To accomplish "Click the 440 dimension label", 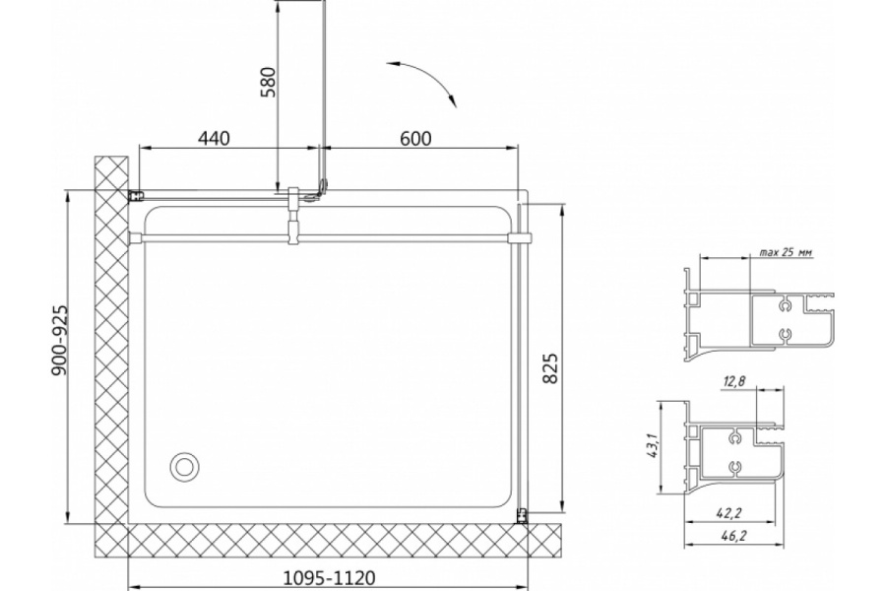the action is click(215, 138).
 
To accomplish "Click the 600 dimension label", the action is click(415, 138).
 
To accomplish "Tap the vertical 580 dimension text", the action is click(269, 82).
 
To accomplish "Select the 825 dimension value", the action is click(549, 368).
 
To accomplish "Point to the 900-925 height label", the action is click(59, 341).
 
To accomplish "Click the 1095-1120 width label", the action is click(328, 578).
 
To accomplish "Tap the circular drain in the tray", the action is click(184, 467).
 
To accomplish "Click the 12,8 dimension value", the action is click(733, 382).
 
